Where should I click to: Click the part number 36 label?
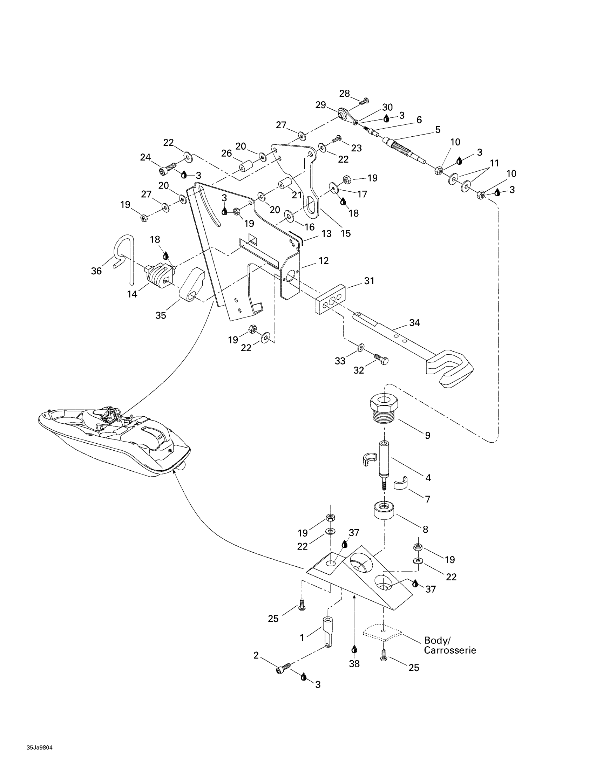[96, 271]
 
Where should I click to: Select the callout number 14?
[132, 294]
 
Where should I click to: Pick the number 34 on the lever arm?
[414, 323]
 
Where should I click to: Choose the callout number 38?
[354, 664]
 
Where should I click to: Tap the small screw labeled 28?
[364, 101]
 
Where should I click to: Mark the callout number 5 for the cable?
[438, 130]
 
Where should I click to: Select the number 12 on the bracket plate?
[324, 261]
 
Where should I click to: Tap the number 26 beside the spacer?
[226, 153]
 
